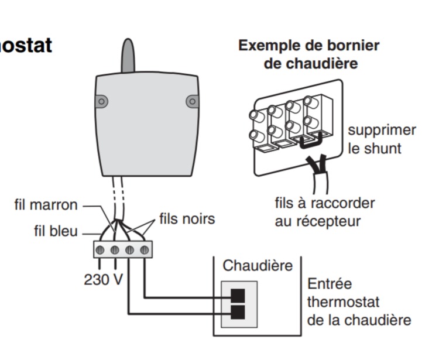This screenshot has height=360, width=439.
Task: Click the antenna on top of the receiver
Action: click(128, 56)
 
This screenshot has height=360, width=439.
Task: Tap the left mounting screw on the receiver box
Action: click(102, 101)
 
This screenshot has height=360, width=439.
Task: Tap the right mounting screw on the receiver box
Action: click(192, 101)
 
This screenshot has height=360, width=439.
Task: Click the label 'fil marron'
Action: click(46, 205)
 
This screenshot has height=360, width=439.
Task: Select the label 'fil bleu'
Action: click(56, 231)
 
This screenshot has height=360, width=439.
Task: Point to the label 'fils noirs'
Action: click(187, 220)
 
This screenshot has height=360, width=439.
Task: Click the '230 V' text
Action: click(103, 280)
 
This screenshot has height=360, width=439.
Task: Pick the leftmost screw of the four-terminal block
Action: click(101, 250)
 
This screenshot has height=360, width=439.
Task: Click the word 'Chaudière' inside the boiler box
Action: click(258, 266)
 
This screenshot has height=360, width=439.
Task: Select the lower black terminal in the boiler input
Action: click(238, 312)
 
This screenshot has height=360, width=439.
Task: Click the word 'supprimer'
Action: click(382, 130)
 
